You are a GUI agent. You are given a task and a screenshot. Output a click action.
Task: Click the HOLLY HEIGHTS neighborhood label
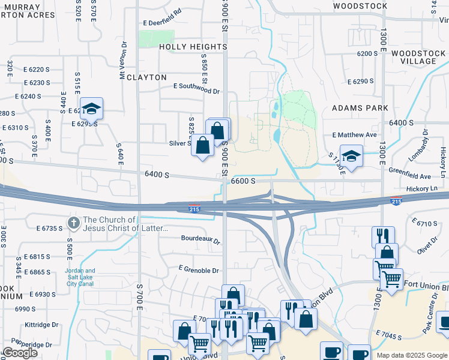pos(193,46)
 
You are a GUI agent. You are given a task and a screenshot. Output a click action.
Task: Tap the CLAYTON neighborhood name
pos(147,77)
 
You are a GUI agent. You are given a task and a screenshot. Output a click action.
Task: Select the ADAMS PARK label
pos(360,108)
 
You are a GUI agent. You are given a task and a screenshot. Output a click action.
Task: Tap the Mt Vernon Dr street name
pos(123,60)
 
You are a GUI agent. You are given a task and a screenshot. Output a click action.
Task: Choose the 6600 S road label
pos(243,181)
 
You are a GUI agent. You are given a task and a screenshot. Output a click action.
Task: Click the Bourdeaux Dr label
pos(201,238)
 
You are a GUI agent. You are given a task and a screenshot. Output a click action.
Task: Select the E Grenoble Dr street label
pos(199,271)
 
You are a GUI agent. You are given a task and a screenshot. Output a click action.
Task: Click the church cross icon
pos(73,223)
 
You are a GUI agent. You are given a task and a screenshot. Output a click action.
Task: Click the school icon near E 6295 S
pos(91,109)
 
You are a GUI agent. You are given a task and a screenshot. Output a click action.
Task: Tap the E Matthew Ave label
pos(358,135)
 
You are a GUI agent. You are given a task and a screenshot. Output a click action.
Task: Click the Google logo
pos(20,353)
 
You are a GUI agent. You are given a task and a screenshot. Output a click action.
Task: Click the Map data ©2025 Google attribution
pos(412,355)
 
